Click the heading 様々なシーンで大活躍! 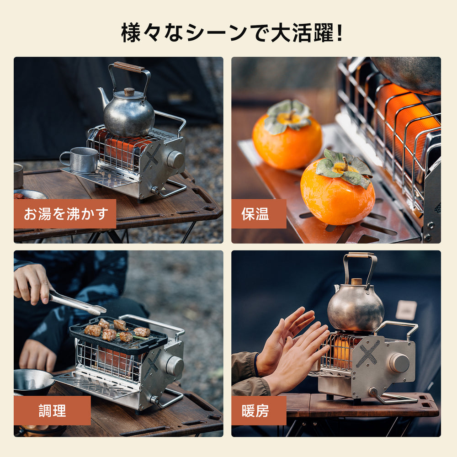(232, 33)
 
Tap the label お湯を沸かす (65, 214)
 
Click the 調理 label (52, 410)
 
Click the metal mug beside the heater (81, 160)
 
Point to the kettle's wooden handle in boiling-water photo (129, 67)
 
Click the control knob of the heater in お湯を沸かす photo (175, 159)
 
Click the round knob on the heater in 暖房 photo (399, 362)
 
